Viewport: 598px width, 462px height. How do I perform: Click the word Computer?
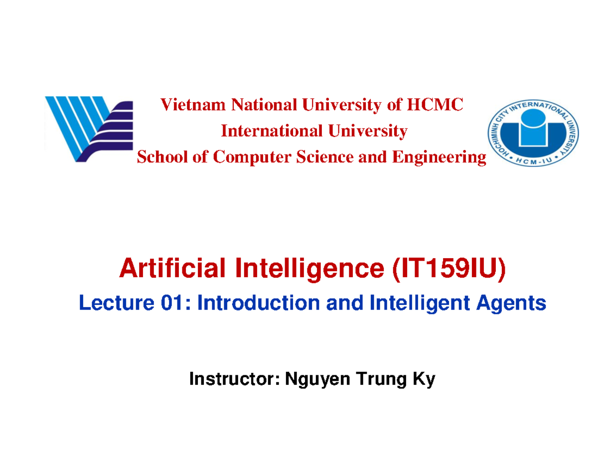click(251, 158)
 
